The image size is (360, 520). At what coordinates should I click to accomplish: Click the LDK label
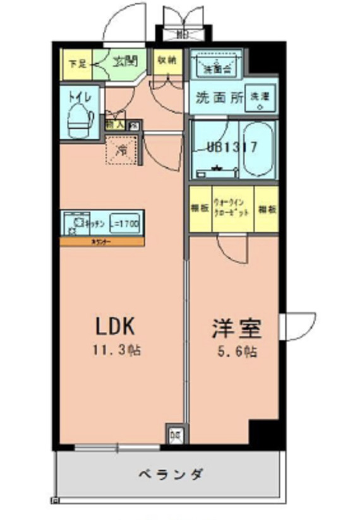tap(115, 326)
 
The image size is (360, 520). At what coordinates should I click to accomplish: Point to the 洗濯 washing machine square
tap(260, 99)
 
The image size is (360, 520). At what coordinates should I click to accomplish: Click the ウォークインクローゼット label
tap(232, 210)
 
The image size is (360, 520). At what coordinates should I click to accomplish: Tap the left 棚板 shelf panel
tap(200, 210)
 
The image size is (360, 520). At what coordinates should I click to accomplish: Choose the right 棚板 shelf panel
tap(266, 210)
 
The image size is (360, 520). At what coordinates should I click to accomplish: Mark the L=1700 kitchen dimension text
tap(125, 223)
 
